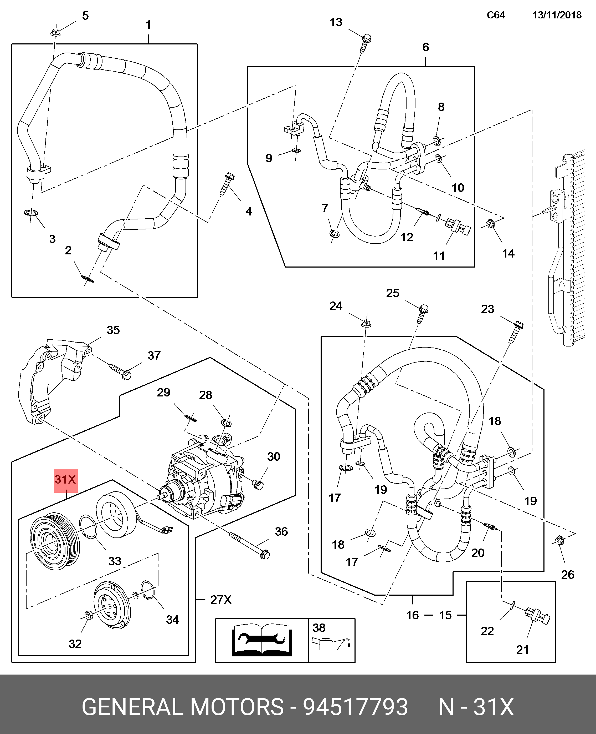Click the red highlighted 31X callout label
[x=66, y=480]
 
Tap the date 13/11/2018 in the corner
[x=557, y=15]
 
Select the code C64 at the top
[x=495, y=15]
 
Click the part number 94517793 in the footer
[x=355, y=707]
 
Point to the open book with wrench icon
[x=262, y=641]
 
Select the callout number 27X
[x=221, y=600]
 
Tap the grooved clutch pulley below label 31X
[x=55, y=542]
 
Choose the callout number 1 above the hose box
[x=148, y=25]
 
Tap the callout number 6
[x=426, y=47]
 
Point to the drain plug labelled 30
[x=258, y=485]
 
